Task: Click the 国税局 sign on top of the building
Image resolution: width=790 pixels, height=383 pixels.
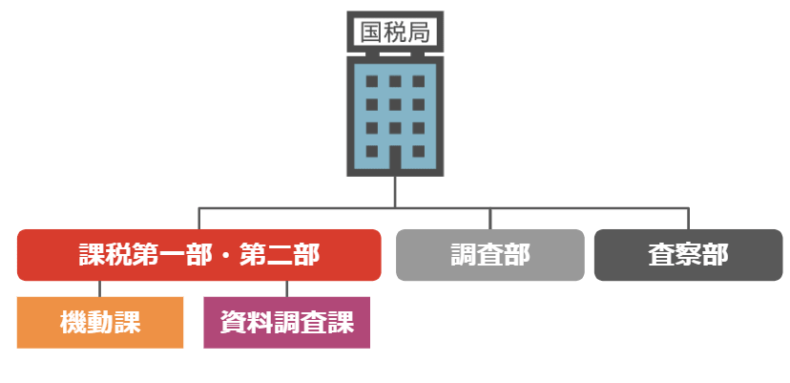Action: point(395,32)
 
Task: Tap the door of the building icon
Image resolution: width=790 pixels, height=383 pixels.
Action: point(395,157)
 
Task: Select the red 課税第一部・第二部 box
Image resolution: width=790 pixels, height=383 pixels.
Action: point(199,255)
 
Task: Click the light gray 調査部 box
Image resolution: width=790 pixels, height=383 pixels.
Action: point(490,255)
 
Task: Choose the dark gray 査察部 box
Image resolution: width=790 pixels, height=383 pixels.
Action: point(688,255)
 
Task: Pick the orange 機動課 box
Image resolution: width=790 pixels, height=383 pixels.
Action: point(100,323)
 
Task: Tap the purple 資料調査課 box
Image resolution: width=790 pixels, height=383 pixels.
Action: point(286,323)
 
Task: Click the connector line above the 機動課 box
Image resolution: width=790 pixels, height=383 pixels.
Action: point(100,288)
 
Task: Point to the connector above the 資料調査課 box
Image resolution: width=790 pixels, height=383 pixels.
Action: point(286,288)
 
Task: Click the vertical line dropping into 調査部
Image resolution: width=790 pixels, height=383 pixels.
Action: point(490,219)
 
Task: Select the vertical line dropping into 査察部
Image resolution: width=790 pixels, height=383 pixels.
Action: point(688,219)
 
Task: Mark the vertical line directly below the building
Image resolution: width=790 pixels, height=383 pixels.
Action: point(395,192)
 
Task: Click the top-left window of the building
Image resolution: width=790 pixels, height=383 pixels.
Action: point(372,81)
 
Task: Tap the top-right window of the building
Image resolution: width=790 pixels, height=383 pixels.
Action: point(419,81)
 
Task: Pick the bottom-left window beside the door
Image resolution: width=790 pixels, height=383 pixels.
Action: point(372,151)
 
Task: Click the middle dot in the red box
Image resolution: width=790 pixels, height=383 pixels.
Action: point(226,255)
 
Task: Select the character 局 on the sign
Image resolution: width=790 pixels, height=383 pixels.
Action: point(419,32)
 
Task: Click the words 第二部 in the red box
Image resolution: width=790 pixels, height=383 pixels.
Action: point(280,255)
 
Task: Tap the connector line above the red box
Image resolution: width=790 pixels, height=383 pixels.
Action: point(199,219)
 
